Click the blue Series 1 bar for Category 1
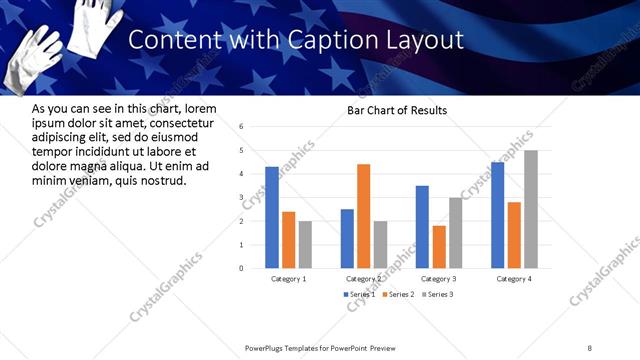tap(272, 217)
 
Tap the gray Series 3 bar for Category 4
tap(530, 209)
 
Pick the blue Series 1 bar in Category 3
tap(422, 227)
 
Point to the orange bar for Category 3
tap(438, 247)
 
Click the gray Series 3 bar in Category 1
tap(305, 244)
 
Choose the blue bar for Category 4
tap(497, 215)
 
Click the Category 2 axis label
tap(363, 278)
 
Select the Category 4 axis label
tap(514, 278)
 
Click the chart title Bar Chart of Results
tap(397, 110)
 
